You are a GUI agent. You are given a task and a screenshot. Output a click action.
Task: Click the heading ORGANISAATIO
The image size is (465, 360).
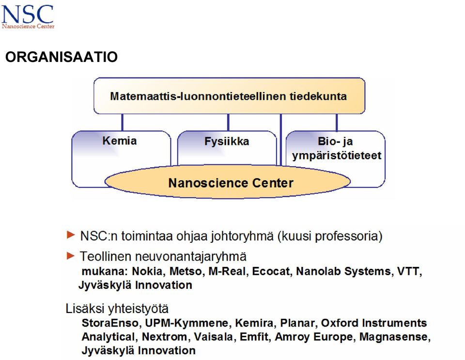tap(62, 57)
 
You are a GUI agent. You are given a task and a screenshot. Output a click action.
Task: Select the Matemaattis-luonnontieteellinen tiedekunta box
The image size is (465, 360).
tap(229, 96)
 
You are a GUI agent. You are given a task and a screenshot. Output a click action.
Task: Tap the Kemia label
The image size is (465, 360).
tap(120, 141)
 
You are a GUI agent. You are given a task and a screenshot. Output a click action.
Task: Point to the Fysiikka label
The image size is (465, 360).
tap(227, 141)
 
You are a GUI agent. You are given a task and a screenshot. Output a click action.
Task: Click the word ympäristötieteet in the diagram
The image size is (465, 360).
tap(337, 156)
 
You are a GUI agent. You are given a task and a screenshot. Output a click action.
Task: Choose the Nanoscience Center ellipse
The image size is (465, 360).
tap(228, 182)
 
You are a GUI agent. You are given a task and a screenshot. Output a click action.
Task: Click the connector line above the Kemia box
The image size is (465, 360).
tap(122, 123)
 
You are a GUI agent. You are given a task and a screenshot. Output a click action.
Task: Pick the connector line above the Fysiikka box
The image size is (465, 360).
tap(228, 123)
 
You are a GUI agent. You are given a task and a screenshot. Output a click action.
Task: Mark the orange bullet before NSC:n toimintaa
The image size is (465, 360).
tap(71, 235)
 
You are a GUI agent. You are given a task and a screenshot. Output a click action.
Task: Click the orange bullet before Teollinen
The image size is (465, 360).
tap(71, 255)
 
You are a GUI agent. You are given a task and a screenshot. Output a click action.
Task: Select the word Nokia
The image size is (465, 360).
tap(147, 271)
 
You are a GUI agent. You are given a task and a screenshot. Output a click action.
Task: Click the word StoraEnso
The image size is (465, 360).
tap(110, 323)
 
